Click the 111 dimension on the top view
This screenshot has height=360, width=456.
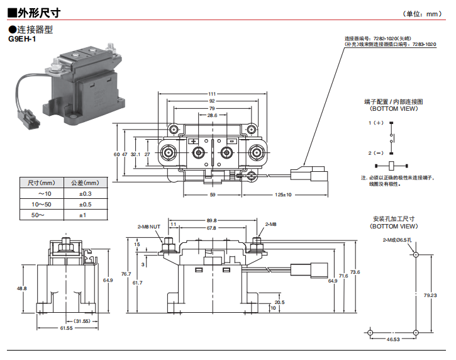pyautogui.click(x=211, y=94)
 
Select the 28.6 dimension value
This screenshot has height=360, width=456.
pyautogui.click(x=211, y=115)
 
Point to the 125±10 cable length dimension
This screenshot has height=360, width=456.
pyautogui.click(x=283, y=195)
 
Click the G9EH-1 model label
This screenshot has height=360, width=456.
pyautogui.click(x=22, y=39)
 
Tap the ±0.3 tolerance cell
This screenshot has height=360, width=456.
pyautogui.click(x=86, y=194)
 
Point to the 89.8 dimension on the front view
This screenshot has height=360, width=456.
pyautogui.click(x=211, y=220)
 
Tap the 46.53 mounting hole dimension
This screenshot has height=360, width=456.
pyautogui.click(x=393, y=340)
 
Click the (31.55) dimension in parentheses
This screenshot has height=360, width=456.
pyautogui.click(x=82, y=322)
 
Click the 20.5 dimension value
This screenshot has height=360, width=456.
pyautogui.click(x=279, y=302)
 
